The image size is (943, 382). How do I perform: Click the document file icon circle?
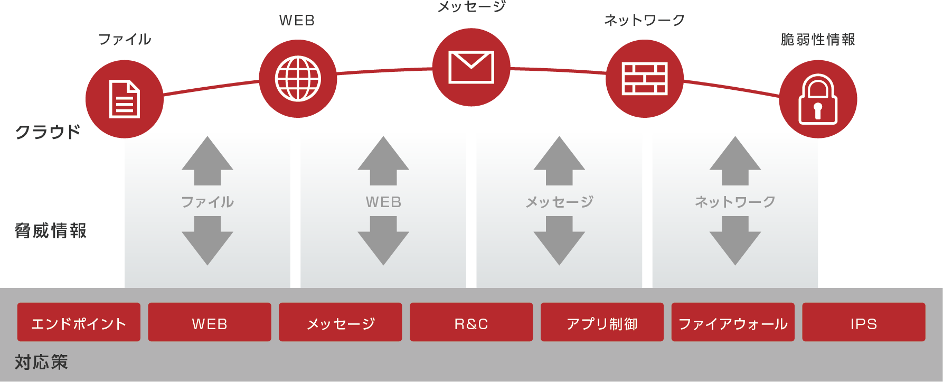coord(125,99)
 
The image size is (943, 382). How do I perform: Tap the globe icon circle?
coord(298,79)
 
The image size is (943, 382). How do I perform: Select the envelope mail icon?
coord(471,67)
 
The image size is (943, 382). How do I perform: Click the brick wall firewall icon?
coord(644,79)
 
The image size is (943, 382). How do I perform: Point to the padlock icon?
coord(818,99)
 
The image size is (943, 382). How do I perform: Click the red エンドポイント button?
coord(79,322)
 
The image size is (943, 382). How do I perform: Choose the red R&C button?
coord(471,322)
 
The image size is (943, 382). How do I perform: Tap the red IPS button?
coord(863,322)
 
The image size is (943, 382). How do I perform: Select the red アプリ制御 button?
coord(602,322)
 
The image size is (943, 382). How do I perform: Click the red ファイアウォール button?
coord(733,322)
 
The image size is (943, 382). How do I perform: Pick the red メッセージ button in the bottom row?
coord(341,322)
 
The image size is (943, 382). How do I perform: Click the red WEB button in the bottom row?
coord(210,322)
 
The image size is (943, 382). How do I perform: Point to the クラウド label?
coord(48,132)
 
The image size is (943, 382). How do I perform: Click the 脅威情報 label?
coord(51,231)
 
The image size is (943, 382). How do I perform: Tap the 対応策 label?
coord(41,362)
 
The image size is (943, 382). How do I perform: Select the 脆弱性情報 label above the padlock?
coord(818,40)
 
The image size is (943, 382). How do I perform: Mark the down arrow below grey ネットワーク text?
coord(735,241)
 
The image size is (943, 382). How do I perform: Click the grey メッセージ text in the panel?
coord(559,202)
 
